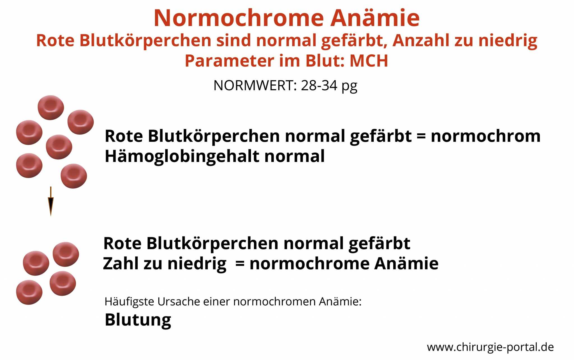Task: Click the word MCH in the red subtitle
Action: [369, 61]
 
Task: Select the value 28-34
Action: [319, 85]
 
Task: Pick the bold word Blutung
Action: [138, 320]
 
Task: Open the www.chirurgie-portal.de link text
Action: [490, 347]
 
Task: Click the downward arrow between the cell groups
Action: [51, 201]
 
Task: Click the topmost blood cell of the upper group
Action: [51, 108]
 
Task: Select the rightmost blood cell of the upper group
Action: [81, 122]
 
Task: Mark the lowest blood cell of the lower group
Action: [29, 292]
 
